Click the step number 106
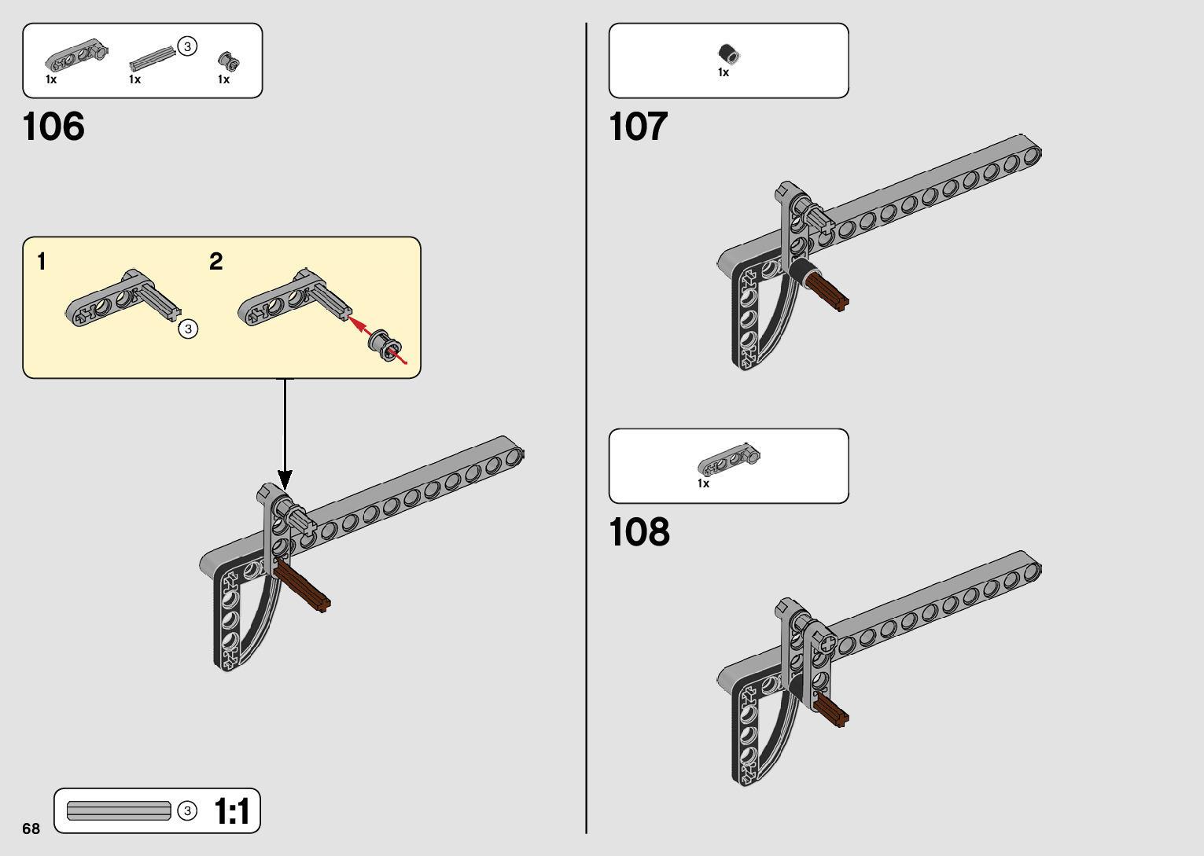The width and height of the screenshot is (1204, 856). pyautogui.click(x=53, y=127)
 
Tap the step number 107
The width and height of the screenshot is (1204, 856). pyautogui.click(x=638, y=127)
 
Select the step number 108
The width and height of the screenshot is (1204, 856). pyautogui.click(x=639, y=532)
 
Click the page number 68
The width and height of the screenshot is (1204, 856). pyautogui.click(x=31, y=828)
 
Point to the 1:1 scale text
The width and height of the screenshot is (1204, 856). pyautogui.click(x=231, y=811)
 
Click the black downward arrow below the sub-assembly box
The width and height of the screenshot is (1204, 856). pyautogui.click(x=285, y=440)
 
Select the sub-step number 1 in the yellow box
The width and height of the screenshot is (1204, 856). pyautogui.click(x=42, y=262)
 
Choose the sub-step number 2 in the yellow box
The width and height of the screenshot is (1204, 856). pyautogui.click(x=216, y=262)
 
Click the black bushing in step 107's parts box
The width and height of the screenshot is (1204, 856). pyautogui.click(x=728, y=54)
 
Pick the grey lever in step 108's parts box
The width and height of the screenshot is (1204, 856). pyautogui.click(x=729, y=462)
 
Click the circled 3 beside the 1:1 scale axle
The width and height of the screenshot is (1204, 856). pyautogui.click(x=187, y=810)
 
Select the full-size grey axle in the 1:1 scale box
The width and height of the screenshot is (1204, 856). pyautogui.click(x=119, y=810)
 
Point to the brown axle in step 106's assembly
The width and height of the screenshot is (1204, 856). pyautogui.click(x=303, y=590)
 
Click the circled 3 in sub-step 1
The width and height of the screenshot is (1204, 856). pyautogui.click(x=188, y=329)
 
